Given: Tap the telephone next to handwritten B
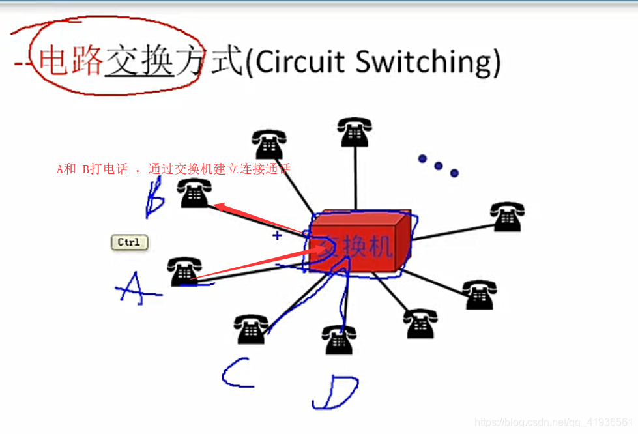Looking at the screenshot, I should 195,194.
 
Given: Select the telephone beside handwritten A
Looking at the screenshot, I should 184,272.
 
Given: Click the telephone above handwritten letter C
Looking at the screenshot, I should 251,329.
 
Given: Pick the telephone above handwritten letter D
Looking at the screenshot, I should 339,340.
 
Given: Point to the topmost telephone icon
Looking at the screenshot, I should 355,132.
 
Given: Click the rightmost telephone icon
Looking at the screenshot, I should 507,217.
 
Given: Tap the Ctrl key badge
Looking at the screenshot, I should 129,242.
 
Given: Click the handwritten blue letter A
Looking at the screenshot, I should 136,289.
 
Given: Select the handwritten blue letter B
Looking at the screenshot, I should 155,198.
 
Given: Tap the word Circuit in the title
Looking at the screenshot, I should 300,62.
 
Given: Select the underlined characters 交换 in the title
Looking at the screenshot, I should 139,61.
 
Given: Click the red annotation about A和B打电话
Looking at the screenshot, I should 173,169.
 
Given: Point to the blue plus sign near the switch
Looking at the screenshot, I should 277,235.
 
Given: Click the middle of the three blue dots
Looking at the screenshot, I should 439,166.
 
